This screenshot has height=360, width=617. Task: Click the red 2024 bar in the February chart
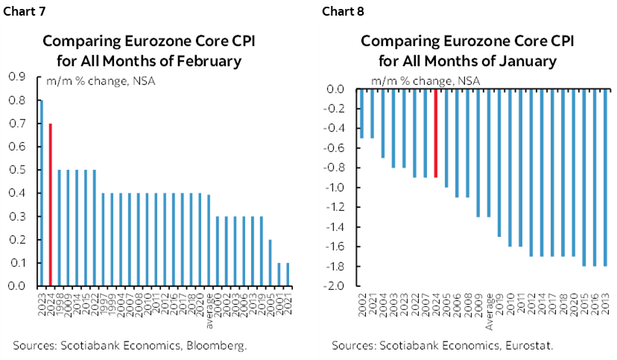50,205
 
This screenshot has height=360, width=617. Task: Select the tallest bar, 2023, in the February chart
41,193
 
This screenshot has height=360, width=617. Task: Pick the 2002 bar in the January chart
362,114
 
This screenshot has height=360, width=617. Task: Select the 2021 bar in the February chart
288,274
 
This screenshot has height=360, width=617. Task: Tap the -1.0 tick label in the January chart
335,188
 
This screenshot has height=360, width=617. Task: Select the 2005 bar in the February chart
270,263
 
